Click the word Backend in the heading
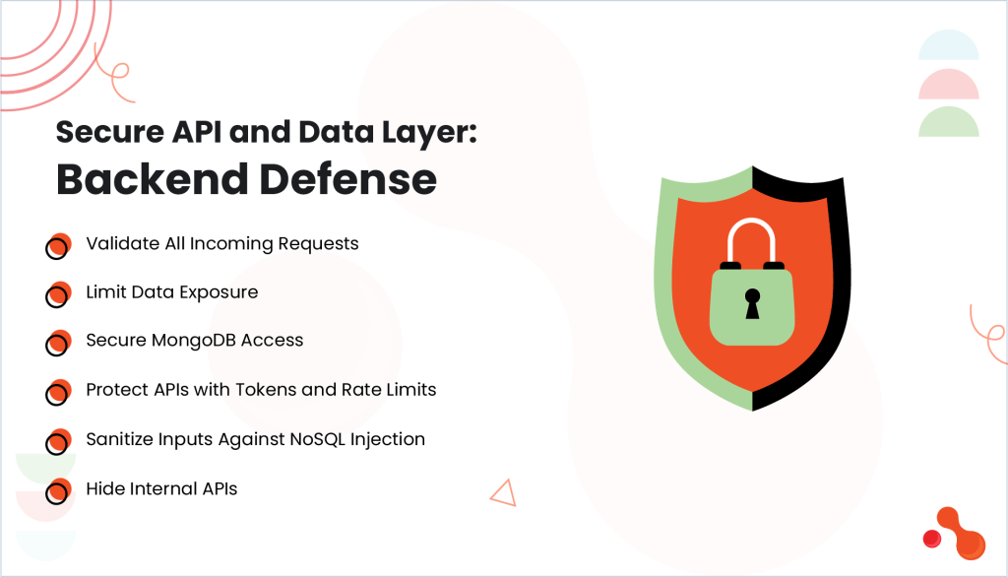pos(153,179)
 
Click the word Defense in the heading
pos(348,179)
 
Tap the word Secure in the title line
pos(110,132)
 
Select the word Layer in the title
pos(429,133)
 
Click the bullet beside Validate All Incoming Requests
pos(58,246)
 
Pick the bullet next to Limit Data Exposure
pos(58,294)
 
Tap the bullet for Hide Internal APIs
pos(58,491)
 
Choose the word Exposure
pos(219,292)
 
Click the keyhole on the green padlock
pos(752,303)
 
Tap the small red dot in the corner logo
pos(931,539)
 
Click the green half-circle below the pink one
pos(948,123)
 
